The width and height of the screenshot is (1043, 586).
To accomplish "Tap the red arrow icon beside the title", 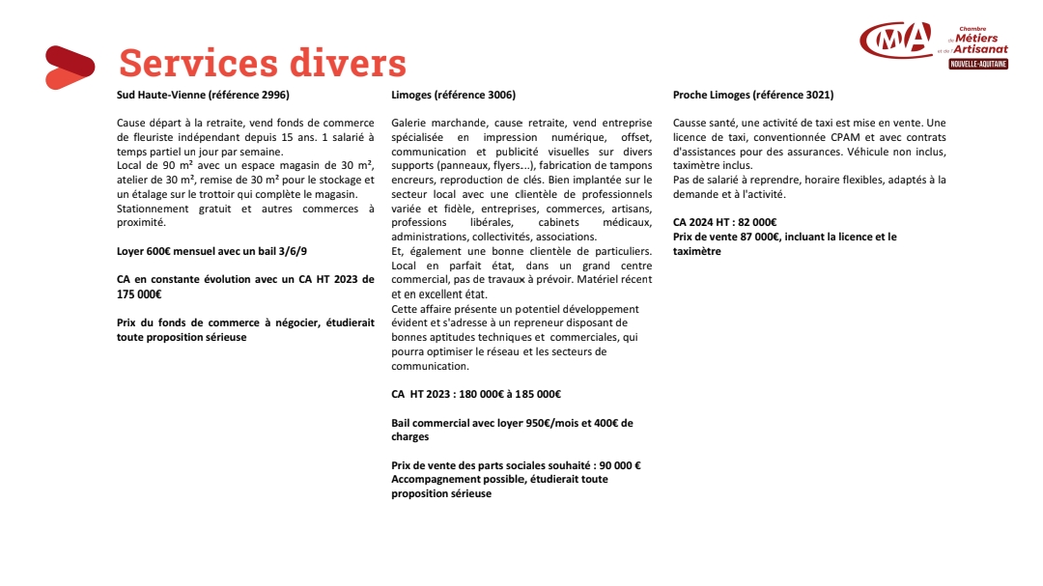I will [x=70, y=67].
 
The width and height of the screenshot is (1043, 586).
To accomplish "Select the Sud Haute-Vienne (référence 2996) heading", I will [x=203, y=95].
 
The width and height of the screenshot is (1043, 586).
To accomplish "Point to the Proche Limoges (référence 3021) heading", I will [x=752, y=95].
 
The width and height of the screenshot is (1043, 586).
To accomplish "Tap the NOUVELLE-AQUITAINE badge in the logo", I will [x=978, y=64].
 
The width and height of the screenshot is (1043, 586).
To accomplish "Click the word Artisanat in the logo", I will [x=980, y=48].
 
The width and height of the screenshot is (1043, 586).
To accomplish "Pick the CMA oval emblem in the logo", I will [x=896, y=40].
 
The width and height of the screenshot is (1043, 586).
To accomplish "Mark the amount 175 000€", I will [x=139, y=294].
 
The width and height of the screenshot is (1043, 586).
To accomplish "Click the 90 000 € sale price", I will [x=620, y=465].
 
